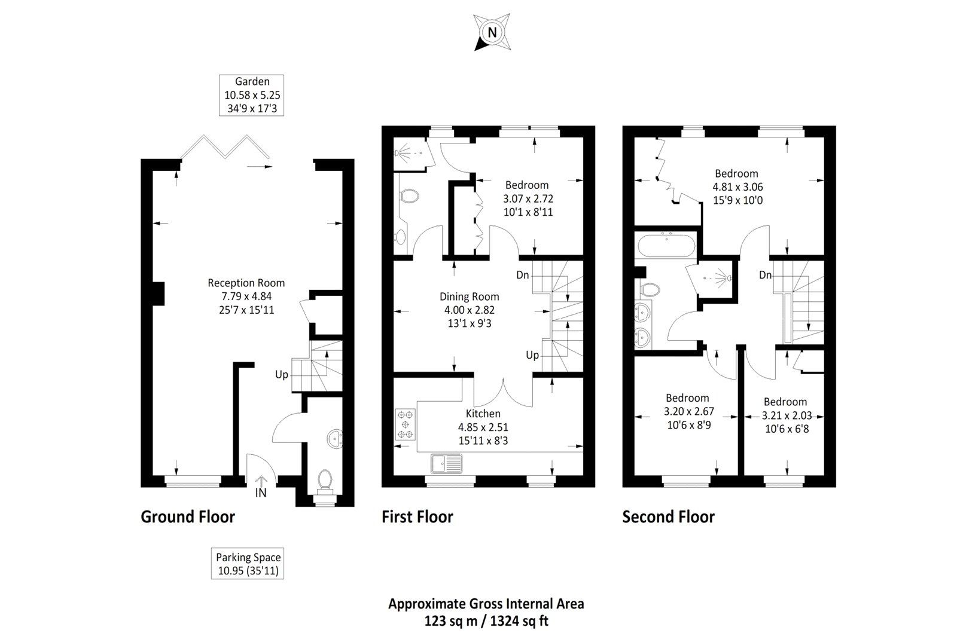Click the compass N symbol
pyautogui.click(x=492, y=33)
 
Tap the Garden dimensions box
pyautogui.click(x=251, y=95)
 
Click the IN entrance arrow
pyautogui.click(x=261, y=482)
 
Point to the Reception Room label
pyautogui.click(x=246, y=283)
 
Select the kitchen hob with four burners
pyautogui.click(x=406, y=425)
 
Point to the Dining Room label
pyautogui.click(x=469, y=296)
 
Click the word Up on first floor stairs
pyautogui.click(x=532, y=355)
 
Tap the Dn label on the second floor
pyautogui.click(x=766, y=275)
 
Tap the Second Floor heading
pyautogui.click(x=668, y=516)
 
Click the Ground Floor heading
pyautogui.click(x=188, y=516)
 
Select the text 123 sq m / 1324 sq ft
pyautogui.click(x=486, y=620)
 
